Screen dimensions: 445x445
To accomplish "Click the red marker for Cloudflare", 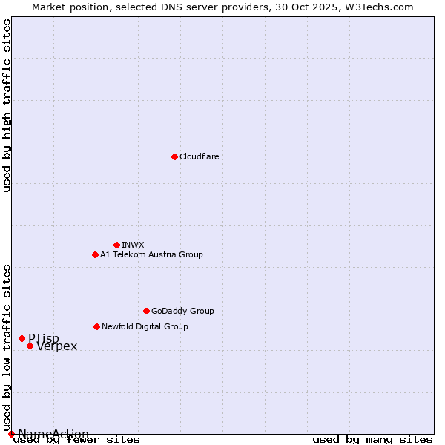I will [x=174, y=156].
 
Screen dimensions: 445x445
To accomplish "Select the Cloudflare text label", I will [x=199, y=156].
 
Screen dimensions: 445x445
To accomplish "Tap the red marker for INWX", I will [x=116, y=245].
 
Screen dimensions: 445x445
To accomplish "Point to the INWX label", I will [x=133, y=245].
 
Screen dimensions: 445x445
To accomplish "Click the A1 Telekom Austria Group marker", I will [x=95, y=254].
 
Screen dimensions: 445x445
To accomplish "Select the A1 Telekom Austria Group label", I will [x=151, y=254].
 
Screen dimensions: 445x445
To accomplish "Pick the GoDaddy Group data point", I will [x=146, y=311].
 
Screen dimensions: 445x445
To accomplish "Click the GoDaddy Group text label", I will [x=182, y=311].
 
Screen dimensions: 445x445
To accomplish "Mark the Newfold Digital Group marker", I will [x=96, y=326].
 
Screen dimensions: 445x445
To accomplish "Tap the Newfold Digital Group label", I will [x=145, y=326].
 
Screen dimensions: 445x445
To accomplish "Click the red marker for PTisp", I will [x=22, y=338].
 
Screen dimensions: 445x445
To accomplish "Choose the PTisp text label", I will [x=44, y=339].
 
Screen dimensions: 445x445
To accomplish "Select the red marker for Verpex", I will [x=30, y=346].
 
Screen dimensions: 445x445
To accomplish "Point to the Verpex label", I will [x=56, y=346].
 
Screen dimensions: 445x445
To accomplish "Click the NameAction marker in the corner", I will [x=11, y=434].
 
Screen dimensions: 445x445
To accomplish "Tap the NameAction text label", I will [x=53, y=434].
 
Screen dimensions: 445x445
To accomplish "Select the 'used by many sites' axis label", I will [x=372, y=439].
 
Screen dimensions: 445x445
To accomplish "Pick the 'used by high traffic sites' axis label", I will [x=7, y=105].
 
